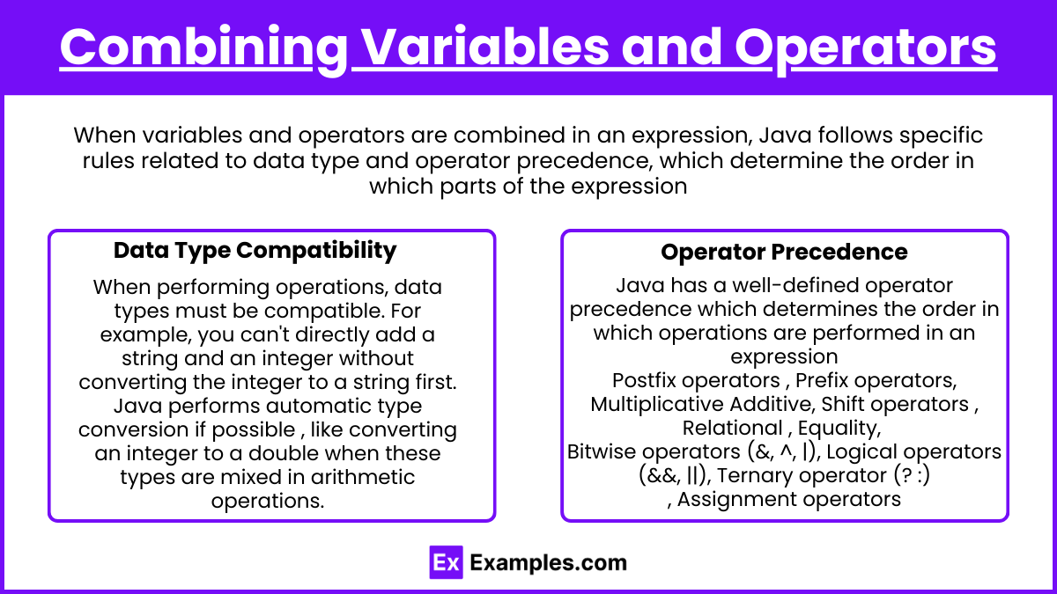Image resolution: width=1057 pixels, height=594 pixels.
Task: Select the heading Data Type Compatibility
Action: [255, 251]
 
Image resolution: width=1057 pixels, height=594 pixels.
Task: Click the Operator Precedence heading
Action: [784, 252]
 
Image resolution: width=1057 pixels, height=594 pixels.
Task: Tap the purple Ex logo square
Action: [446, 562]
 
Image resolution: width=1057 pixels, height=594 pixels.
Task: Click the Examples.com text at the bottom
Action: [548, 563]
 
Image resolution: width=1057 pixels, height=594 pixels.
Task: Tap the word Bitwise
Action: [606, 451]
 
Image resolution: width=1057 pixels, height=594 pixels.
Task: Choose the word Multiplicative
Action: [656, 405]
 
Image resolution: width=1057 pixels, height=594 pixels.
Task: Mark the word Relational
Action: [732, 428]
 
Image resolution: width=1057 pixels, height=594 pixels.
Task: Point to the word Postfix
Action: [643, 380]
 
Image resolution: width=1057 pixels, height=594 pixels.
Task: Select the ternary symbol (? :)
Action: [912, 475]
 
